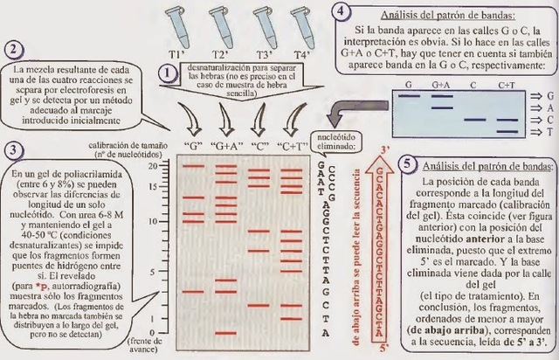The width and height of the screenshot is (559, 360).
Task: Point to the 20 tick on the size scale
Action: click(x=154, y=165)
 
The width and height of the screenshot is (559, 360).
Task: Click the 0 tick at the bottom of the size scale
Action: click(x=155, y=334)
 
